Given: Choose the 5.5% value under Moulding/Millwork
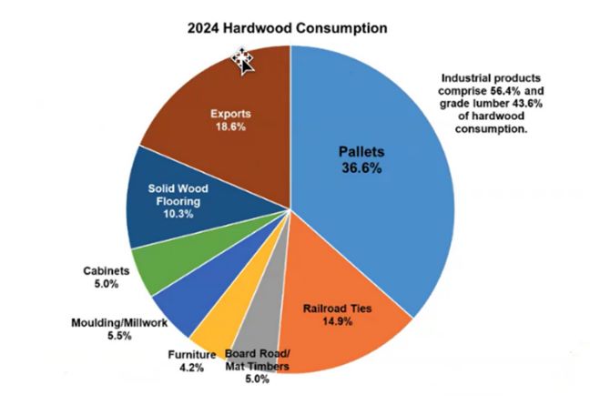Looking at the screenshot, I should [118, 335].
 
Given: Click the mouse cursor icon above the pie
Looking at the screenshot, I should [243, 60].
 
